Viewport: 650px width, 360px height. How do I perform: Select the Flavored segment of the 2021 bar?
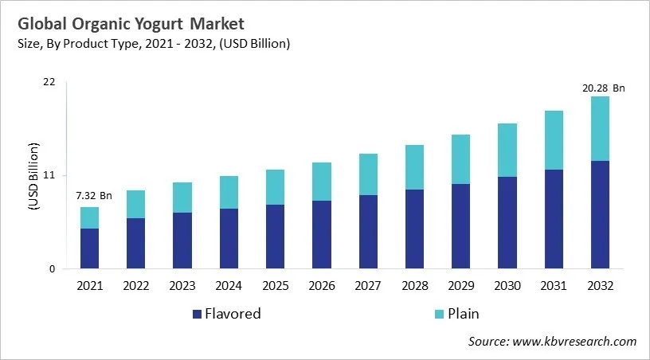[90, 248]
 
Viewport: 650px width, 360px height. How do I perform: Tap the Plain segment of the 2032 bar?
[600, 129]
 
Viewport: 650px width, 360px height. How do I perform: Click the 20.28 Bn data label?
[603, 88]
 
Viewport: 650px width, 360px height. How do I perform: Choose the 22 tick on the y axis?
[49, 82]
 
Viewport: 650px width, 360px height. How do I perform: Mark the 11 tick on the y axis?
[49, 175]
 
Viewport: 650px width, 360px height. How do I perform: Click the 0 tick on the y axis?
[53, 268]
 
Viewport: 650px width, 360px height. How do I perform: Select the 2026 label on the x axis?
[322, 285]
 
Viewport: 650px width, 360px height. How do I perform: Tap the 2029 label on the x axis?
[460, 285]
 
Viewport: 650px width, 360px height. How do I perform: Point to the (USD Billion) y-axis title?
[33, 176]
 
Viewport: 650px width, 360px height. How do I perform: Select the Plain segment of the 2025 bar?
[275, 187]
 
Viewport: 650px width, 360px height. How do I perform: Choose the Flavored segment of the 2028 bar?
[414, 229]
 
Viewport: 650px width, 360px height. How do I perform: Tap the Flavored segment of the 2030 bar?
[507, 222]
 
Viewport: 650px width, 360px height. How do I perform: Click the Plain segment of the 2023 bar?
[182, 198]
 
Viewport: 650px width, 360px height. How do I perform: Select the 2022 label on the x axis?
[136, 285]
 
